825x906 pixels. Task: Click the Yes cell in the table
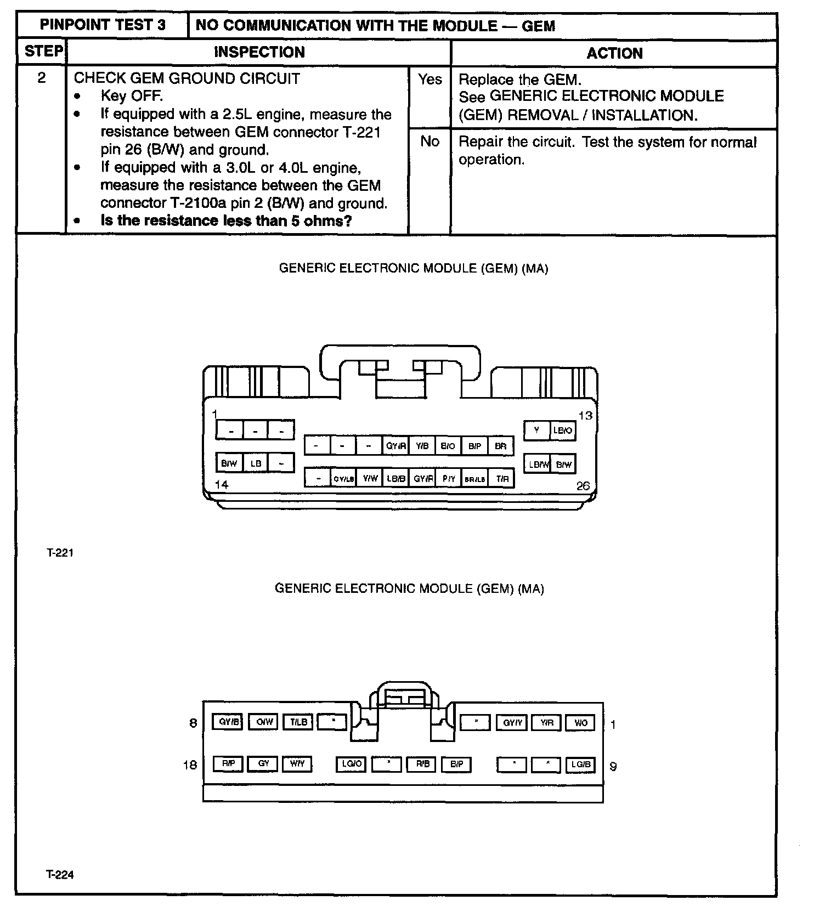pyautogui.click(x=430, y=80)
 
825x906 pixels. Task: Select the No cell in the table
pyautogui.click(x=430, y=142)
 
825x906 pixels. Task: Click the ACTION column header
pyautogui.click(x=614, y=53)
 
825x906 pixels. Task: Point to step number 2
pyautogui.click(x=42, y=78)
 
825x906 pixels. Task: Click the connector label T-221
pyautogui.click(x=60, y=553)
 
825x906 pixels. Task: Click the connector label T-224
pyautogui.click(x=60, y=875)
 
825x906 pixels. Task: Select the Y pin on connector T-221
pyautogui.click(x=536, y=431)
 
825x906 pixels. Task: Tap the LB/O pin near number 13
pyautogui.click(x=563, y=431)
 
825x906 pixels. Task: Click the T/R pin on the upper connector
pyautogui.click(x=502, y=479)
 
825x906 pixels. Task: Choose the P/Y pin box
pyautogui.click(x=449, y=479)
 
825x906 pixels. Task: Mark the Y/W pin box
pyautogui.click(x=370, y=479)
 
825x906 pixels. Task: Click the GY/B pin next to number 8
pyautogui.click(x=227, y=722)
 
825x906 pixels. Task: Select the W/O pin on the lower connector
pyautogui.click(x=580, y=723)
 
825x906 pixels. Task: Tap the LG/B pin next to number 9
pyautogui.click(x=580, y=765)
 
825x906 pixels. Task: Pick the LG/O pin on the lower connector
pyautogui.click(x=351, y=764)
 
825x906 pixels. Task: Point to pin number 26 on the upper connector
pyautogui.click(x=583, y=486)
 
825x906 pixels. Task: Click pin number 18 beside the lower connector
pyautogui.click(x=190, y=765)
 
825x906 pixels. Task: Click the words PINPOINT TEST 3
pyautogui.click(x=103, y=25)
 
